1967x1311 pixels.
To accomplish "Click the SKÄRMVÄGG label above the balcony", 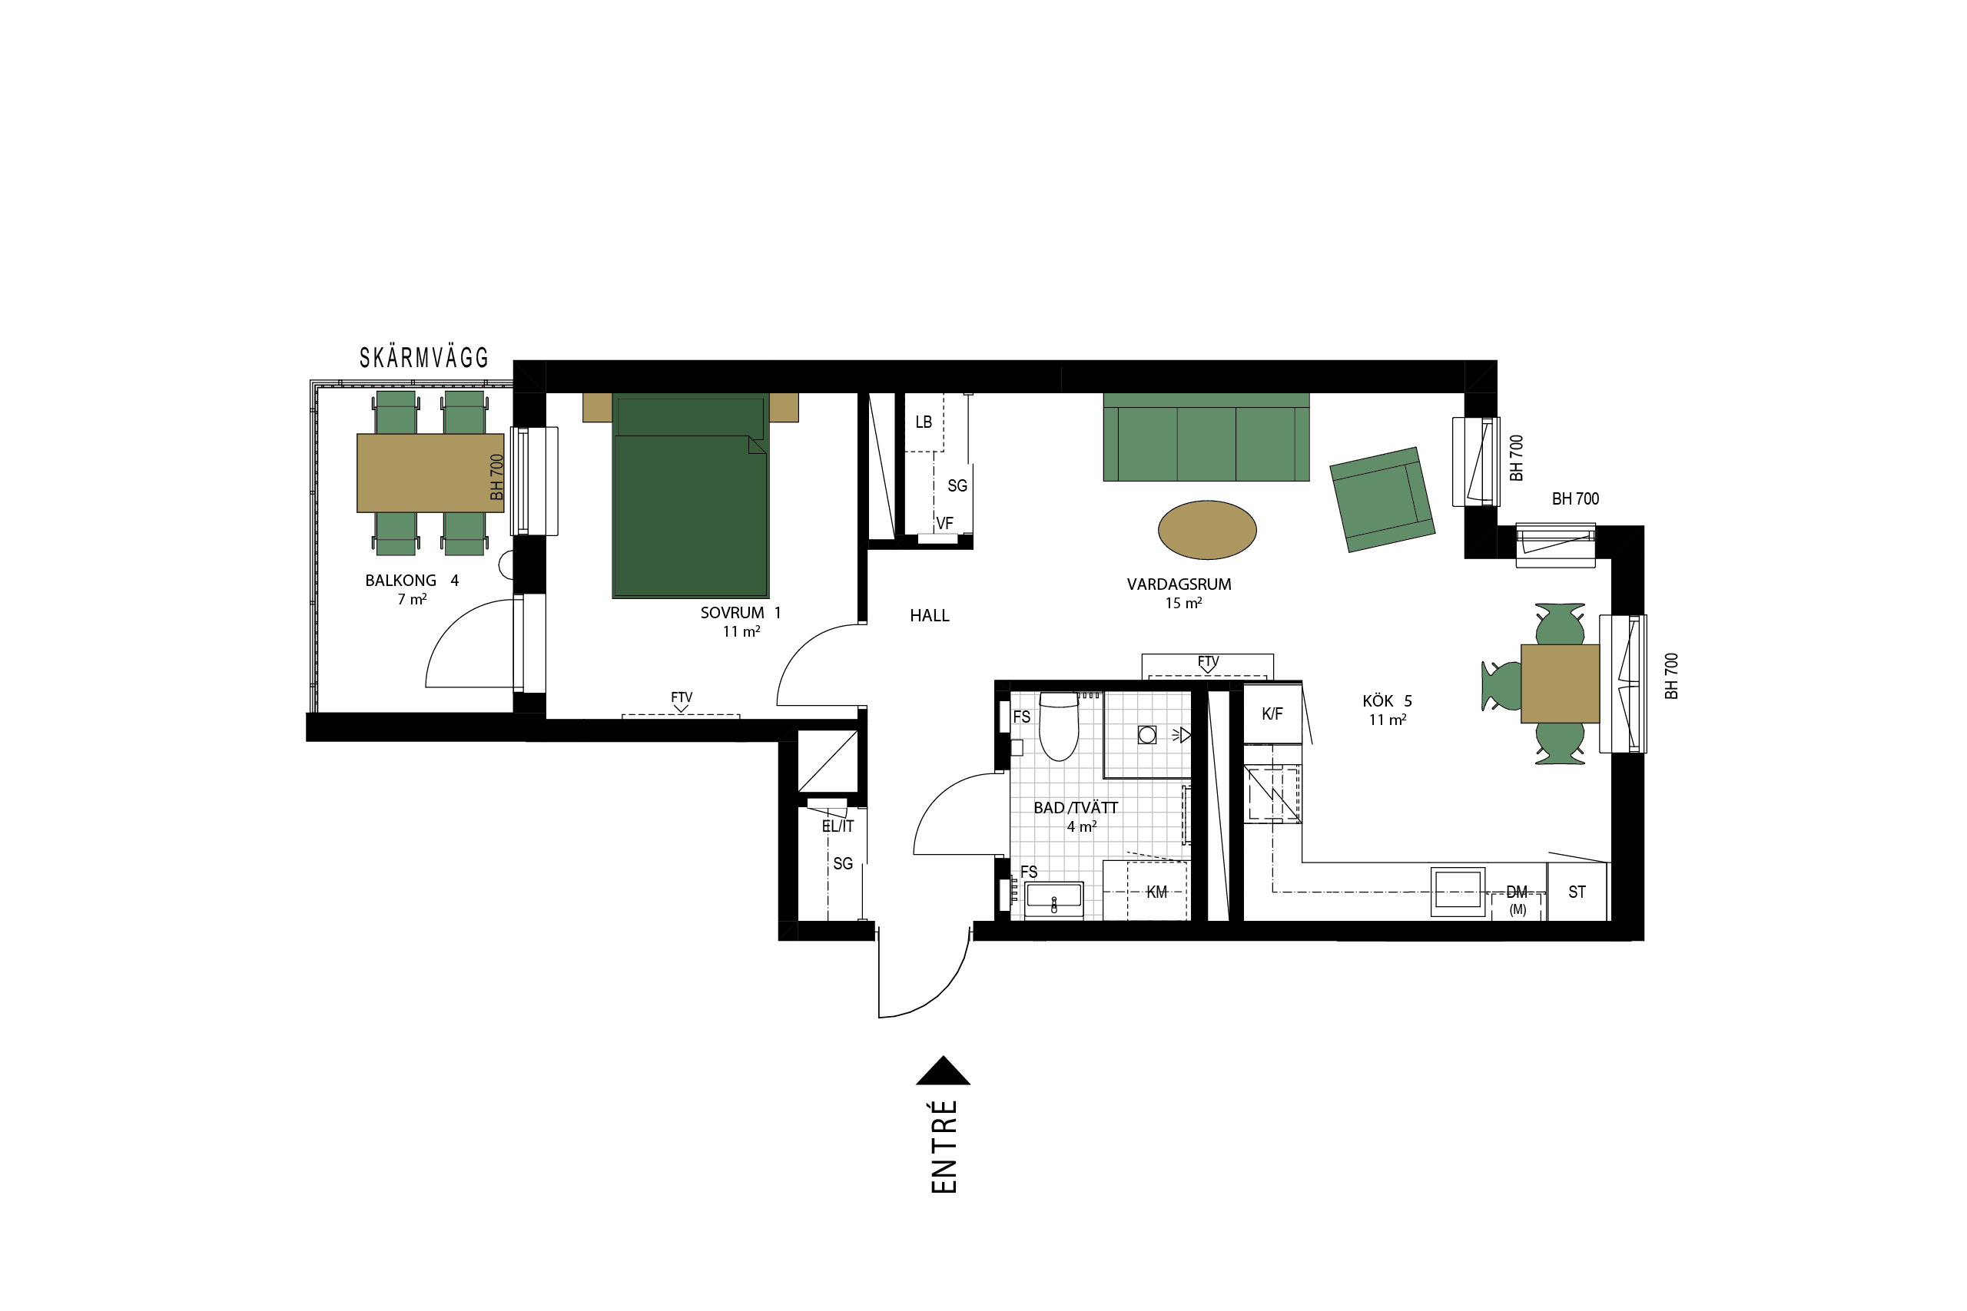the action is click(x=424, y=358).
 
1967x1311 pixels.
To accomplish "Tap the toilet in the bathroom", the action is click(x=1059, y=726).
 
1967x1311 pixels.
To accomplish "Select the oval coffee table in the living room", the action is click(x=1207, y=530).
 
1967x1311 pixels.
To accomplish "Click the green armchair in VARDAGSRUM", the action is click(x=1382, y=499).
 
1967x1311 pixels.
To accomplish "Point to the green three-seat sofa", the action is click(x=1206, y=436).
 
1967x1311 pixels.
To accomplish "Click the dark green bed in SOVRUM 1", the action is click(x=690, y=495).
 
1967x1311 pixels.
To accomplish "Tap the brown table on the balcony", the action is click(x=430, y=472).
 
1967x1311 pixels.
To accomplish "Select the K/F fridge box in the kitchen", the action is click(x=1272, y=714).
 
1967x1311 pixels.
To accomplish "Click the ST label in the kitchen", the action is click(x=1577, y=892).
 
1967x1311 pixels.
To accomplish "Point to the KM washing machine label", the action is click(x=1156, y=892).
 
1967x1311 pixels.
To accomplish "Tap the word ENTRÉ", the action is click(x=944, y=1147).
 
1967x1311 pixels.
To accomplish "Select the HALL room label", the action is click(x=929, y=615).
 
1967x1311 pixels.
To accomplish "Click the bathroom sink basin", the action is click(x=1053, y=897).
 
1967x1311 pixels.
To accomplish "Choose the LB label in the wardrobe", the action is click(x=924, y=422).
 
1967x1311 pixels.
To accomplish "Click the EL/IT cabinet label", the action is click(x=838, y=826).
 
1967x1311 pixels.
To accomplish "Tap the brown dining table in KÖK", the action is click(x=1560, y=683).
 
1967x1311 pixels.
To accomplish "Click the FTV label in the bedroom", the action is click(x=682, y=697).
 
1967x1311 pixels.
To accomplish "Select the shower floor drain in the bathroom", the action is click(x=1147, y=735).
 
